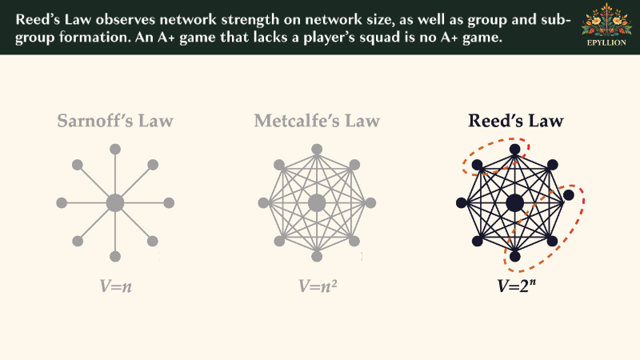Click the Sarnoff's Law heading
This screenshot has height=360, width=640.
[x=115, y=121]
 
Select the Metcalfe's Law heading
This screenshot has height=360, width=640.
[x=317, y=121]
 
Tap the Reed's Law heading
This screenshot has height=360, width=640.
[x=515, y=121]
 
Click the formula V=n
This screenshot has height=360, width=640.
[x=115, y=286]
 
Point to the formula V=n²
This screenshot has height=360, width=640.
[x=318, y=286]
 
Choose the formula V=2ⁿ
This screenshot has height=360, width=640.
[x=516, y=286]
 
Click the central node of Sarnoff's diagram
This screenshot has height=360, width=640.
[x=115, y=203]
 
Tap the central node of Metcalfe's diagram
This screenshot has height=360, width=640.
[x=317, y=203]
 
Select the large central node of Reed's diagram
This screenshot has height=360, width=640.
[x=514, y=203]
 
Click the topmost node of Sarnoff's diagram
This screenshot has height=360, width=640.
[x=115, y=150]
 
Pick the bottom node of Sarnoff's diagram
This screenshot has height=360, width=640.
[x=115, y=256]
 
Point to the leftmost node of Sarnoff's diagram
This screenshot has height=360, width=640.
[x=62, y=203]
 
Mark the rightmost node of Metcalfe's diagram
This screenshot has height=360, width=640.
[x=370, y=203]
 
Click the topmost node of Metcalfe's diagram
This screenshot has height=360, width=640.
[x=317, y=150]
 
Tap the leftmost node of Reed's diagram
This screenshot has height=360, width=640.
[x=462, y=203]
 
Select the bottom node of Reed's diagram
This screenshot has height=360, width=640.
[x=514, y=256]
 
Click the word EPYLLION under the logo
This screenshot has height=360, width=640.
[x=606, y=42]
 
